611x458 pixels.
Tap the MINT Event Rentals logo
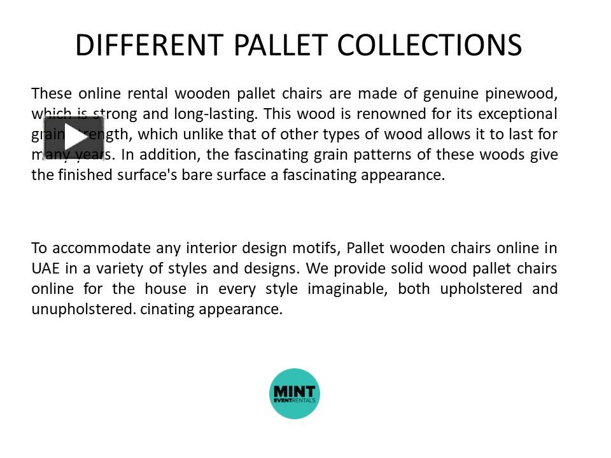295,393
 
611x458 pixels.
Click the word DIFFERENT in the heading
149,45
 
